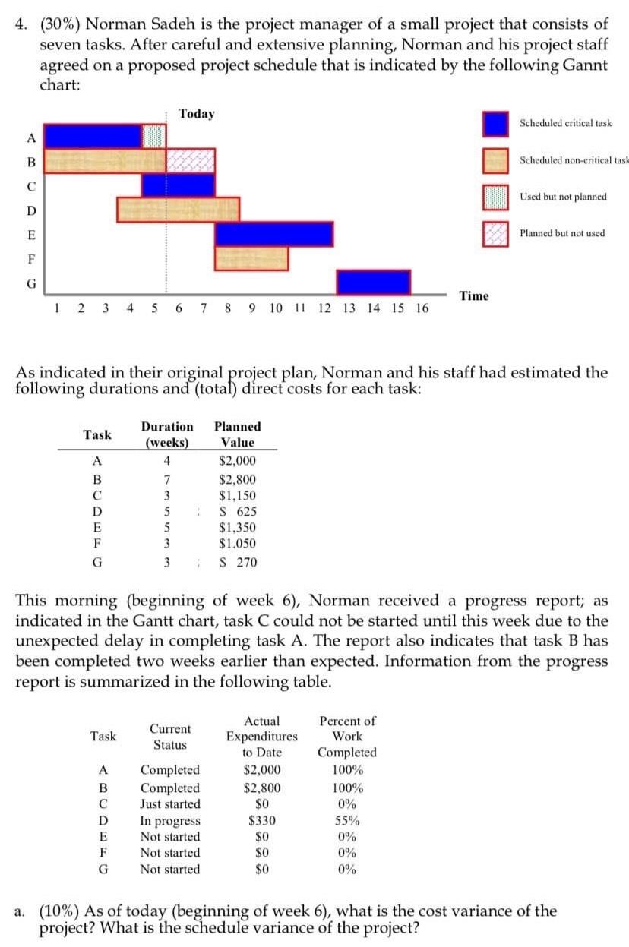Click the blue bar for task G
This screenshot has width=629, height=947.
[374, 282]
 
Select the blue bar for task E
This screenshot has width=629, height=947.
[273, 234]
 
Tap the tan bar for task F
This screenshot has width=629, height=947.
[251, 258]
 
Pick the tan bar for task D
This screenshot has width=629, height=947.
[178, 209]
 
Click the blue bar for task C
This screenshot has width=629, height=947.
[178, 185]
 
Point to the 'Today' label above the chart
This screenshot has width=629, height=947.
[196, 114]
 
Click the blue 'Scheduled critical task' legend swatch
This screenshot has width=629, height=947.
[495, 123]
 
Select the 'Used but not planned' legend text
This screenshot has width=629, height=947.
[563, 197]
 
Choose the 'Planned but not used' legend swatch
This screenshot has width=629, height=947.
[495, 233]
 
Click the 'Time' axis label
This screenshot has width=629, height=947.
[474, 295]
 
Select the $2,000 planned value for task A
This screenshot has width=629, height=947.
[237, 461]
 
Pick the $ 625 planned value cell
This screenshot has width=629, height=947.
[237, 511]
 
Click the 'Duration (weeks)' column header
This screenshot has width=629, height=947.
[167, 434]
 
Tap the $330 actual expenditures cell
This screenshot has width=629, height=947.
[261, 820]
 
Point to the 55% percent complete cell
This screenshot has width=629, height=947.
[347, 820]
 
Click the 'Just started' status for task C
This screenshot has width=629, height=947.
[171, 803]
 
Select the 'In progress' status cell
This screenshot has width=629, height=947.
[171, 820]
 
